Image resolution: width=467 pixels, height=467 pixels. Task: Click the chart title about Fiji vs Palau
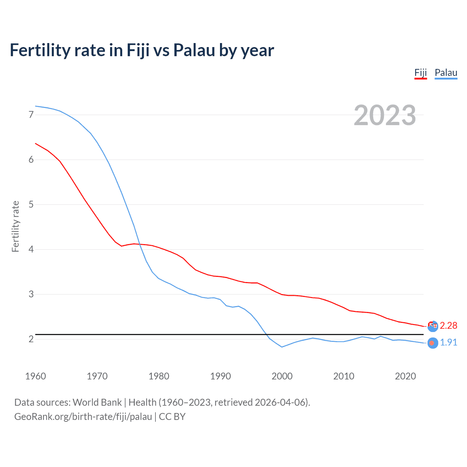(142, 50)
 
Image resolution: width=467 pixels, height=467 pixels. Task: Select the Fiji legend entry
(420, 73)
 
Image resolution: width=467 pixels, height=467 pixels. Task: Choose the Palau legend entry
(446, 73)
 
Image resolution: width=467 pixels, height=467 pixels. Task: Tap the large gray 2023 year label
(385, 115)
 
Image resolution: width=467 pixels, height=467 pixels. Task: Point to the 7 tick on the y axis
(31, 115)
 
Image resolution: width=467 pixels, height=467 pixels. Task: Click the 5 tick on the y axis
(31, 205)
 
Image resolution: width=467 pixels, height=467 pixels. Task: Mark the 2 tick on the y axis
(31, 339)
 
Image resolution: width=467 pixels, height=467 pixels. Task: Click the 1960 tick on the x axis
(35, 376)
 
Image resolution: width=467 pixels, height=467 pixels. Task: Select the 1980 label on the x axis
(159, 376)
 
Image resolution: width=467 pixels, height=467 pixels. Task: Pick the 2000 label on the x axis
(282, 376)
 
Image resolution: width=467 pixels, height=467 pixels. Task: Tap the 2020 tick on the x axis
(405, 376)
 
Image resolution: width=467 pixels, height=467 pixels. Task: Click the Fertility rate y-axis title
(15, 226)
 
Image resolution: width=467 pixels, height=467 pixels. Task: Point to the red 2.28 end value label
(448, 325)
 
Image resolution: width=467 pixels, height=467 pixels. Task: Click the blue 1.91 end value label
(448, 343)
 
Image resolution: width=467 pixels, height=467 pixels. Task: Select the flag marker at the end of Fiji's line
(433, 326)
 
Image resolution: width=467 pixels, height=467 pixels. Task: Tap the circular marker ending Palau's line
(432, 343)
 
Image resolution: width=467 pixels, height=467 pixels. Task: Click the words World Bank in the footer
(97, 402)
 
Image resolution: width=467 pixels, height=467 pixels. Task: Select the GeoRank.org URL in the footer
(83, 417)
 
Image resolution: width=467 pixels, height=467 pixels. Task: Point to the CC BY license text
(172, 417)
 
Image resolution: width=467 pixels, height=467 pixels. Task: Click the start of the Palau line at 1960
(36, 106)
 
